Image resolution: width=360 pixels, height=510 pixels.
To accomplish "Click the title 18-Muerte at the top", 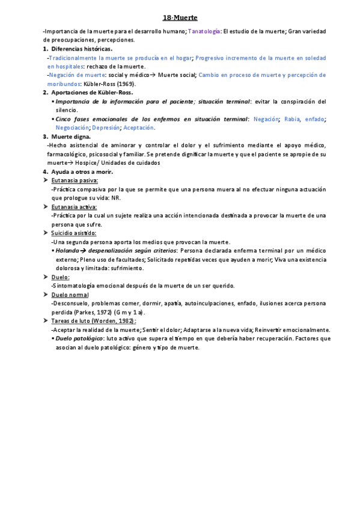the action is point(180,18).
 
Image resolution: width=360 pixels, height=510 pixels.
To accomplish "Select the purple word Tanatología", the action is point(204,31).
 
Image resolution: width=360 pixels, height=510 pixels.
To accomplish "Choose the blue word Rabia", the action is point(292,119).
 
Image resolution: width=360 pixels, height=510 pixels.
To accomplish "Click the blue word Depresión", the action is point(106,127).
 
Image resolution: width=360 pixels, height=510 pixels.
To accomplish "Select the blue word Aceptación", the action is point(139,127).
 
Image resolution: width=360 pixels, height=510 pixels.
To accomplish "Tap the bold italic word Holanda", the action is point(67,250).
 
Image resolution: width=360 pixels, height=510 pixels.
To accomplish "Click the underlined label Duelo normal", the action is point(70,295).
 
